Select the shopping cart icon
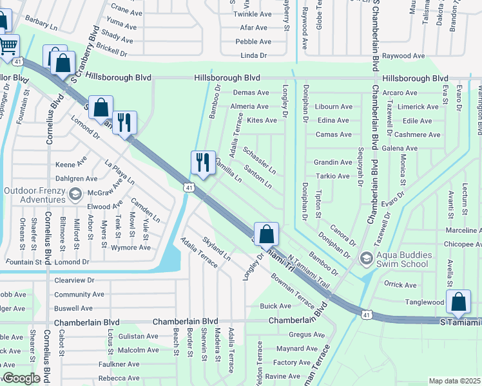pos(8,46)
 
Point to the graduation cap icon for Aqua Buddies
pos(367,259)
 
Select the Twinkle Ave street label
pos(253,14)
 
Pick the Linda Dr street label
pos(253,56)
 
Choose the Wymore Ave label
pos(131,248)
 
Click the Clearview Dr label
pos(74,280)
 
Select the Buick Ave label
pos(275,306)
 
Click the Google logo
pos(21,379)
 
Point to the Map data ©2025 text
pos(454,381)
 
